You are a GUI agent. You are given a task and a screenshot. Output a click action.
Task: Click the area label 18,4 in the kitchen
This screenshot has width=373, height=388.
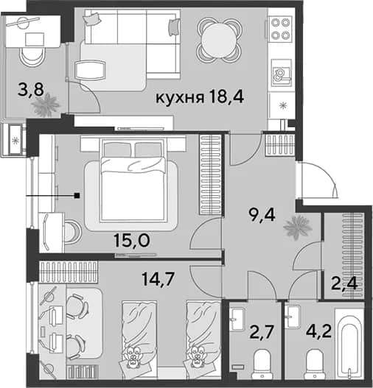pos(226,96)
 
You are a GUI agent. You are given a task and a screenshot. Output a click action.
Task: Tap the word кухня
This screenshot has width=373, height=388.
pos(180,98)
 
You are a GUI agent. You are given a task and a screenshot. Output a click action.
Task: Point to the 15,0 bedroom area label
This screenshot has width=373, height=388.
pos(132,240)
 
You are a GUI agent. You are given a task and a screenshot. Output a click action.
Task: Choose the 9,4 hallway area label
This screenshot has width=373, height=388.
pos(262,214)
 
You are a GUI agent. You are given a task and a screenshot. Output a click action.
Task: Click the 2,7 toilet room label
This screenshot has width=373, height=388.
pos(262,332)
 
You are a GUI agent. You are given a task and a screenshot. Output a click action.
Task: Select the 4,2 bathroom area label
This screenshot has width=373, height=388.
pos(319,331)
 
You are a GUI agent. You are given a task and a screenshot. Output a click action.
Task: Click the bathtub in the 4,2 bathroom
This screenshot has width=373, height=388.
pos(349,344)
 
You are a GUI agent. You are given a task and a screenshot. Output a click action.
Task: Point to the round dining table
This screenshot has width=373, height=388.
pos(219,40)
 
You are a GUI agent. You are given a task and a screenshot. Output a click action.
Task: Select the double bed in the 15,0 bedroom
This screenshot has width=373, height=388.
pos(132,180)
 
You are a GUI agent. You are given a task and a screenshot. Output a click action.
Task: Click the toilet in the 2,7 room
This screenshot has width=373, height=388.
pos(262,363)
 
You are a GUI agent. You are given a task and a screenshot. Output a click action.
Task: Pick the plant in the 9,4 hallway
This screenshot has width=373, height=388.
pos(297,227)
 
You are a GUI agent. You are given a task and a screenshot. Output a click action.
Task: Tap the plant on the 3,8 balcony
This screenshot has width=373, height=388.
pos(45,105)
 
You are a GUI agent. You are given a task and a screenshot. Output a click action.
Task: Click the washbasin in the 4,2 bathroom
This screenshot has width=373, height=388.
pos(292,317)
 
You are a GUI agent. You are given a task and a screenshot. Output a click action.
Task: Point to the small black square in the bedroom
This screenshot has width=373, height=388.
pos(77,196)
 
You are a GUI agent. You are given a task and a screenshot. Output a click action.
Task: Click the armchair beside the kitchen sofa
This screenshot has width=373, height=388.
pos(90,70)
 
